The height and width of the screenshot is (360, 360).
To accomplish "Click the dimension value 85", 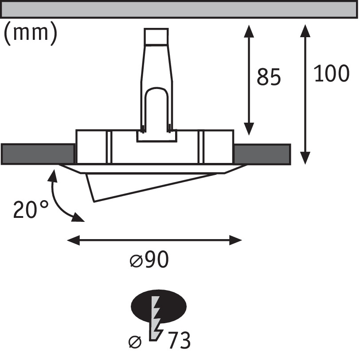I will [x=269, y=77].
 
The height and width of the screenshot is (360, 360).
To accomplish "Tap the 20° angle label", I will [x=31, y=209].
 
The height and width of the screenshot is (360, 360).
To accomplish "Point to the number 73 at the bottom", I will [x=179, y=341].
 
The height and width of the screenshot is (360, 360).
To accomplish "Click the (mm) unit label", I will [x=30, y=34].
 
